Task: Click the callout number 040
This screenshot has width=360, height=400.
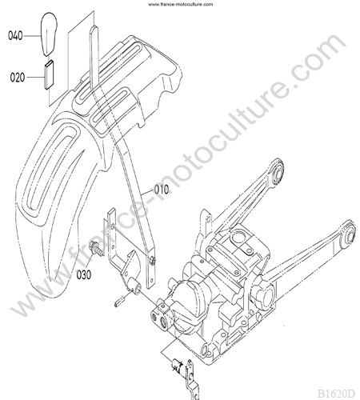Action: (15, 36)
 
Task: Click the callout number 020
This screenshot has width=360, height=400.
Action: (18, 78)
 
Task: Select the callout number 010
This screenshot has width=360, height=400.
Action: (162, 190)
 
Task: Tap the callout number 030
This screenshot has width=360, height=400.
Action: (84, 274)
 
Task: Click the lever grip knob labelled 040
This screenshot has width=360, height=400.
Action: (49, 34)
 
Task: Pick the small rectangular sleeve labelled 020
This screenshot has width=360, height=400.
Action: (49, 75)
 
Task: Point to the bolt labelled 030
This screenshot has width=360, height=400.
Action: (97, 247)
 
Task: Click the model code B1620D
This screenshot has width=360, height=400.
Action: (336, 393)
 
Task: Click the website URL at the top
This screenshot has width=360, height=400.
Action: (181, 4)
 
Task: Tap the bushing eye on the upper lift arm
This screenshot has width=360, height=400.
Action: (278, 171)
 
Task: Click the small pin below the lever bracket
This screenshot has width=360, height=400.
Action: (118, 303)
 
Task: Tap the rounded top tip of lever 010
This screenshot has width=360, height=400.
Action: (94, 29)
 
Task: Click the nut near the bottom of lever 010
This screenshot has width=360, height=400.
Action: (152, 260)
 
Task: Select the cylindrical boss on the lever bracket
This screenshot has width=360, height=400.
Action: (135, 286)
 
